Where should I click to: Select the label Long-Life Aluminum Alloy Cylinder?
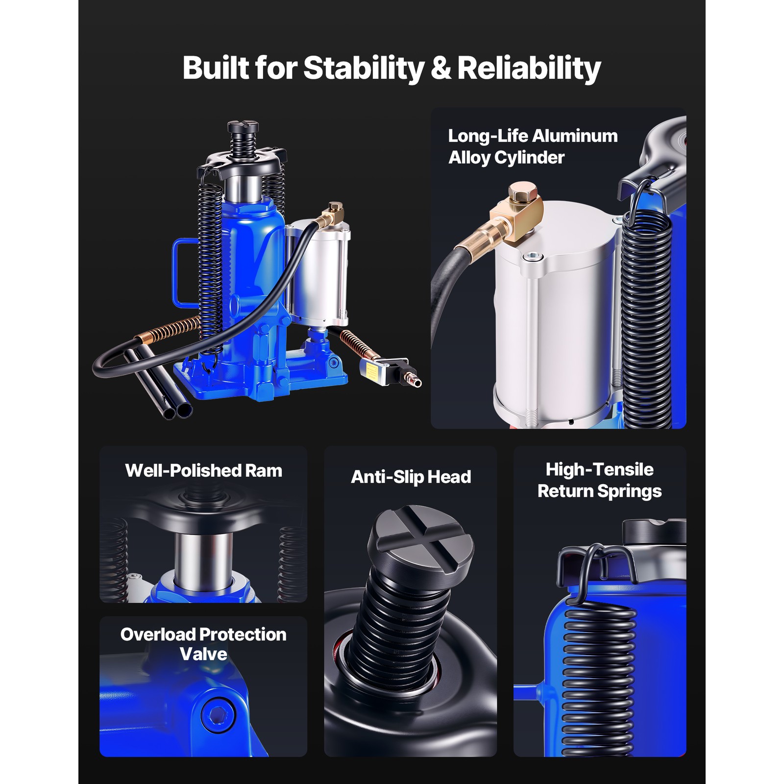[x=532, y=147]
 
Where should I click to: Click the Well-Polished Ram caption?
[x=203, y=470]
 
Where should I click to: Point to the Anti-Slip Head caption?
[x=411, y=477]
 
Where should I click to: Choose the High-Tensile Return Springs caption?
[x=599, y=480]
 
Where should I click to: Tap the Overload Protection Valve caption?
[x=203, y=644]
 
